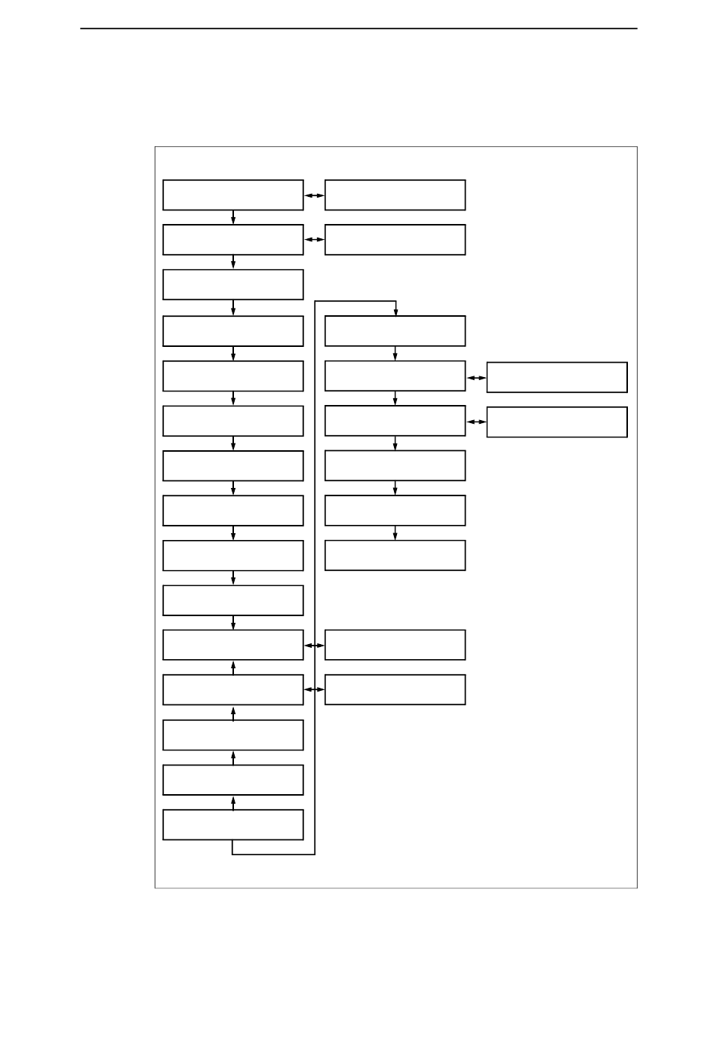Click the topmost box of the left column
pyautogui.click(x=232, y=195)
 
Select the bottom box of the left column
pyautogui.click(x=232, y=824)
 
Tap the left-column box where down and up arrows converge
pyautogui.click(x=232, y=645)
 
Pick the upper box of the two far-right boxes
pyautogui.click(x=556, y=377)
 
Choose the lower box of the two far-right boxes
pyautogui.click(x=556, y=422)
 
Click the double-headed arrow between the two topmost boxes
pyautogui.click(x=314, y=195)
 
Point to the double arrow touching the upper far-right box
pyautogui.click(x=476, y=377)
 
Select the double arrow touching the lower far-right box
pyautogui.click(x=476, y=422)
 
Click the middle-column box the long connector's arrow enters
pyautogui.click(x=395, y=330)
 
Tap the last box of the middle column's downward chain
pyautogui.click(x=395, y=555)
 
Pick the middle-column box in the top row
pyautogui.click(x=395, y=195)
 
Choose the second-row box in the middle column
pyautogui.click(x=395, y=239)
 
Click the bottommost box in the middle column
pyautogui.click(x=395, y=689)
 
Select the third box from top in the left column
pyautogui.click(x=232, y=284)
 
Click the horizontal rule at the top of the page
pyautogui.click(x=358, y=29)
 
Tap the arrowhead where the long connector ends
pyautogui.click(x=395, y=311)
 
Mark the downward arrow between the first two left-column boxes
pyautogui.click(x=233, y=217)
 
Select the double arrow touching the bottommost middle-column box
pyautogui.click(x=314, y=690)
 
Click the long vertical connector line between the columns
pyautogui.click(x=315, y=573)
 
